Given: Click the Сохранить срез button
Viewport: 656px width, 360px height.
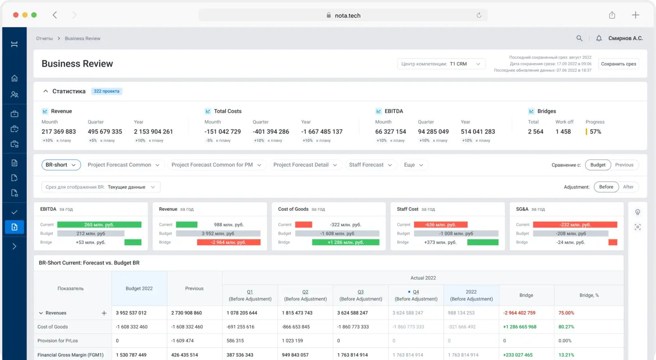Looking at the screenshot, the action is coord(618,64).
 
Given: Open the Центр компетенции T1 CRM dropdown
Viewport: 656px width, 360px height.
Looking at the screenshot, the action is coord(441,64).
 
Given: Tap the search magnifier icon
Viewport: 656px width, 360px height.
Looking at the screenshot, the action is coord(579,38).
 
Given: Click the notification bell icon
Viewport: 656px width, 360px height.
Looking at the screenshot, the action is coord(599,38).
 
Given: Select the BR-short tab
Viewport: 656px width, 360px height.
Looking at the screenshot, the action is coord(61,165).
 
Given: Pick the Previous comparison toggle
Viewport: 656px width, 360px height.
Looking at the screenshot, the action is coord(624,165).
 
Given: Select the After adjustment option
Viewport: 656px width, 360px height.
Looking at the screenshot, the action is coord(628,187).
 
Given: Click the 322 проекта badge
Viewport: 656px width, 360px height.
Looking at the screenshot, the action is coord(107,91).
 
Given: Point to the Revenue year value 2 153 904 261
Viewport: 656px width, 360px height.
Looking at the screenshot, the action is coord(153,132).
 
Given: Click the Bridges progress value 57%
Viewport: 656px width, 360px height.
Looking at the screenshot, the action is coord(595,132).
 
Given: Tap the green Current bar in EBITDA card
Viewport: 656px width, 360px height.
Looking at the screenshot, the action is coord(99,225).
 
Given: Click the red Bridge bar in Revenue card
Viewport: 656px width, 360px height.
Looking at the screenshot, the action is coord(229,242).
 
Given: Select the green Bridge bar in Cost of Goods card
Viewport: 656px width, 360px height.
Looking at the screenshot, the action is coord(346,242).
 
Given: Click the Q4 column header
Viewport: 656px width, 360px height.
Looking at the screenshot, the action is coord(416,295).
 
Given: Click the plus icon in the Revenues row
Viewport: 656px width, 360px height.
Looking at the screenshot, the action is coord(104,313).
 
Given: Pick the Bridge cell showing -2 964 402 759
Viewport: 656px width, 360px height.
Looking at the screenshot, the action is coord(519,313).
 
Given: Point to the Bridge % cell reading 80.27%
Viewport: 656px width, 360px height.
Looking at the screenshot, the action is coord(566,326).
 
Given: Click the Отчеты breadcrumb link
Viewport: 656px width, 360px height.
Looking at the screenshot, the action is coord(44,38).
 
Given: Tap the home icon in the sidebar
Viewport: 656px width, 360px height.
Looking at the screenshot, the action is coord(14,78).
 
